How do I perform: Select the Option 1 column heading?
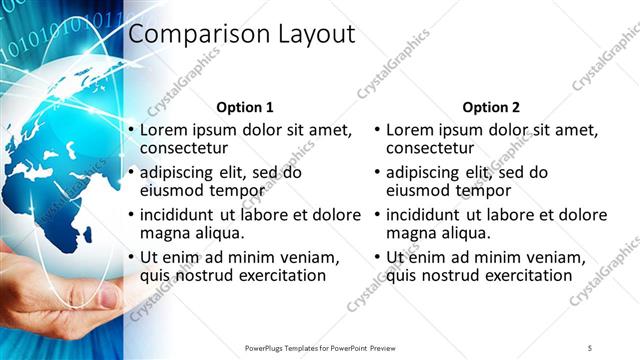click(244, 107)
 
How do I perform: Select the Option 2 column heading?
click(490, 107)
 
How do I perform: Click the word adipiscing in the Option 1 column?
click(183, 172)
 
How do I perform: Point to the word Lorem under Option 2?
click(410, 130)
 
